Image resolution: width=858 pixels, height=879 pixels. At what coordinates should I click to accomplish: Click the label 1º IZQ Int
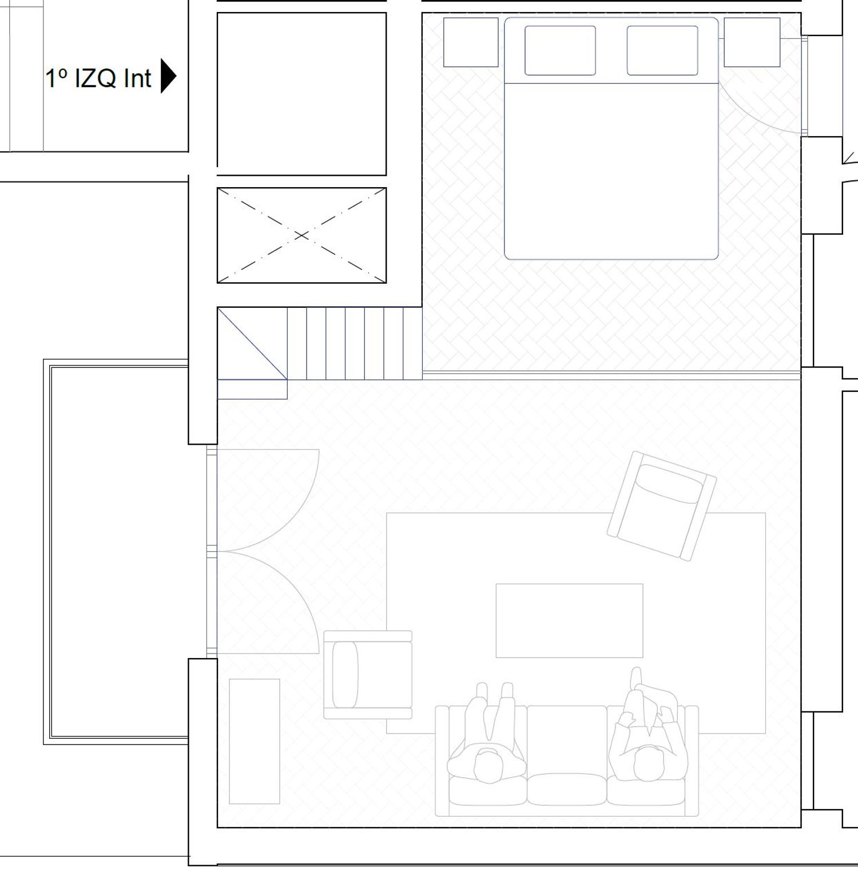tap(98, 78)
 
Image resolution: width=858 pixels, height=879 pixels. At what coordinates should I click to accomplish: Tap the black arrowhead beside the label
tap(168, 76)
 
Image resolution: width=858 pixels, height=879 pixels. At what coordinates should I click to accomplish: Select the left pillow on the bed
tap(560, 50)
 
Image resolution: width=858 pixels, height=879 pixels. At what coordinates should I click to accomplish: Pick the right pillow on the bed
tap(662, 50)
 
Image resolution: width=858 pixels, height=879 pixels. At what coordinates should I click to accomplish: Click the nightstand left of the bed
tap(471, 42)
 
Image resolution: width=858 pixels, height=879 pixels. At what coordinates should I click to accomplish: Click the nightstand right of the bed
tap(752, 42)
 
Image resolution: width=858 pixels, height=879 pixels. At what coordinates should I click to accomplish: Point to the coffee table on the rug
tap(569, 621)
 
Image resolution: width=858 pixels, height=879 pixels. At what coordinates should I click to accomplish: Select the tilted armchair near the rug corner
tap(661, 506)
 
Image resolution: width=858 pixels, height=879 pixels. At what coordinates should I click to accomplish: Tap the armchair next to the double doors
tap(368, 675)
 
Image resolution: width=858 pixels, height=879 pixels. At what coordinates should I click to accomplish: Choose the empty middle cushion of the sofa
tap(567, 755)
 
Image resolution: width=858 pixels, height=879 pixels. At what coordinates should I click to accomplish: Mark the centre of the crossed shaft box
tap(301, 235)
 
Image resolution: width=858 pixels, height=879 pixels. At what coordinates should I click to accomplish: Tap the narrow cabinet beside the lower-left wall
tap(255, 742)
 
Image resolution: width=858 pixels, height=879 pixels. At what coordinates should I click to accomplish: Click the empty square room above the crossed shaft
tap(301, 94)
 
